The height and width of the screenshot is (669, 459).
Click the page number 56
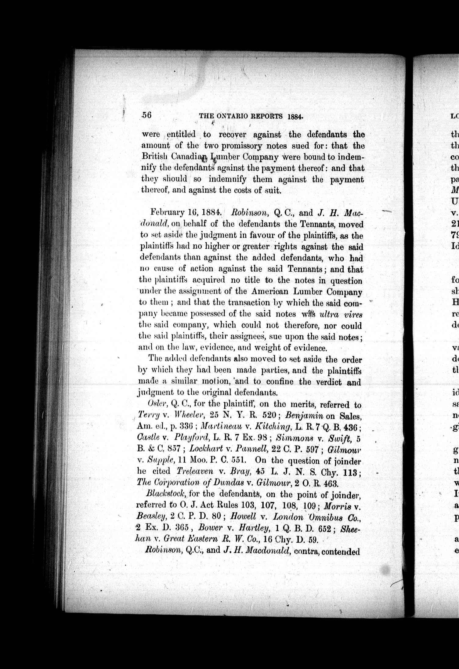click(146, 115)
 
